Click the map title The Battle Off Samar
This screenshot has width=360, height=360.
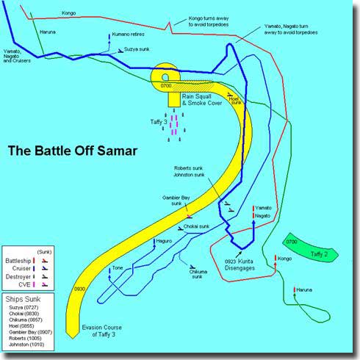click(72, 153)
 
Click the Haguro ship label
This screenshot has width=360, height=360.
click(164, 241)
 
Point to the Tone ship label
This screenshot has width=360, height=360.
click(118, 268)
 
